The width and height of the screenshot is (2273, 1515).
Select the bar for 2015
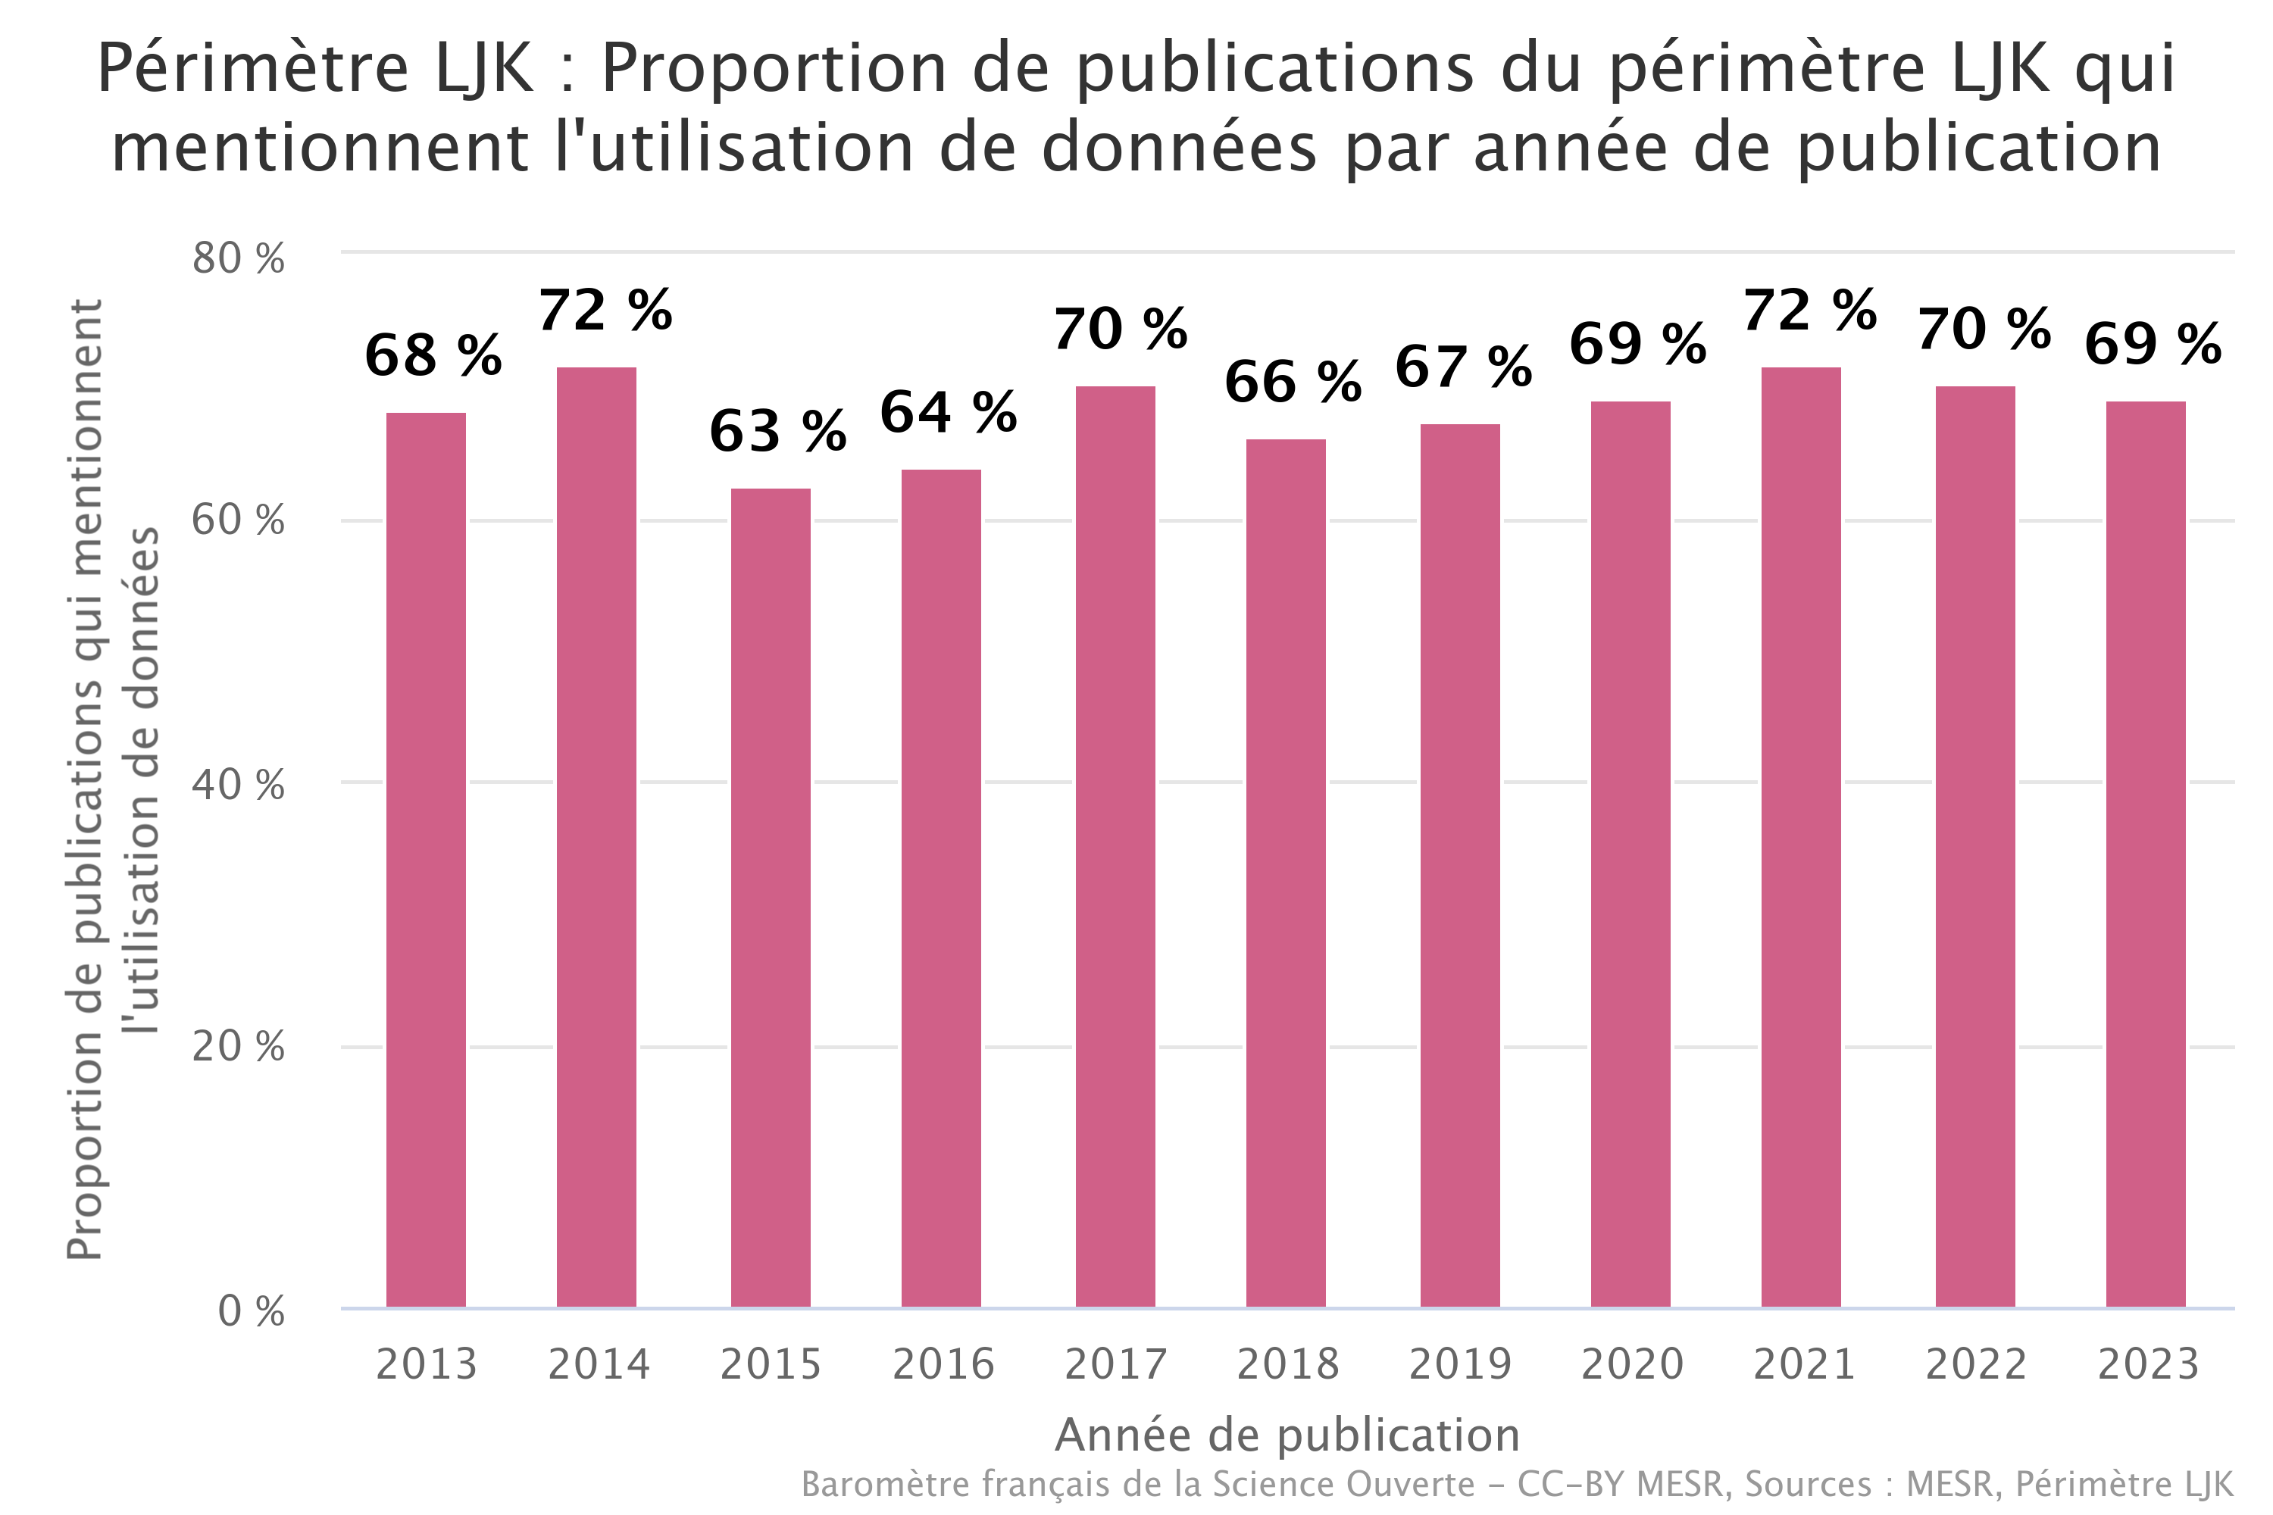coord(771,898)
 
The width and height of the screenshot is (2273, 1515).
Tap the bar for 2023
coord(2146,854)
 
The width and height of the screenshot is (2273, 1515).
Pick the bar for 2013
coord(426,860)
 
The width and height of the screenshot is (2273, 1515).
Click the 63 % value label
coord(778,431)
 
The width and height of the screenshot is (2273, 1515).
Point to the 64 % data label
coord(948,414)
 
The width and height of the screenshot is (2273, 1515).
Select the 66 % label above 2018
coord(1293,382)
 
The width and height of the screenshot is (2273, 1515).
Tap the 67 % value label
coord(1463,367)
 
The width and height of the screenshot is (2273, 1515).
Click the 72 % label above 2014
coord(605,311)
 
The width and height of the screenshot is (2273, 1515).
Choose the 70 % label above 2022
coord(1984,330)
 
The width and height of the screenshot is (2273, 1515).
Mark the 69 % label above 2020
coord(1637,344)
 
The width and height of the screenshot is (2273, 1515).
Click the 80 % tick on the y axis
coord(238,259)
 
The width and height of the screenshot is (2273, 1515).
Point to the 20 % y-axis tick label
coord(238,1046)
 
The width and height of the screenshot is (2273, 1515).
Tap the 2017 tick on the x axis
coord(1116,1364)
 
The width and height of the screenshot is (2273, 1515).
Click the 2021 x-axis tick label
coord(1804,1364)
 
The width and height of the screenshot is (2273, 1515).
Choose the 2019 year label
coord(1460,1364)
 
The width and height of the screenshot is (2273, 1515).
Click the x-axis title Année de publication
coord(1287,1435)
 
